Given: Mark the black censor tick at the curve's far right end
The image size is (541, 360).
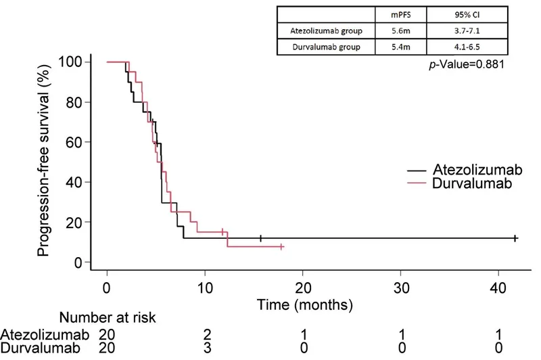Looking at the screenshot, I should (515, 238).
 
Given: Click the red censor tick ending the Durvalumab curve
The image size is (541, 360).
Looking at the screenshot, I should (281, 247).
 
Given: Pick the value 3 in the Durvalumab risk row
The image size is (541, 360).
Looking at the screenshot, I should (204, 348).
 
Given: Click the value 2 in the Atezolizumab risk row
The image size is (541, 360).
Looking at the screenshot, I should (204, 334).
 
